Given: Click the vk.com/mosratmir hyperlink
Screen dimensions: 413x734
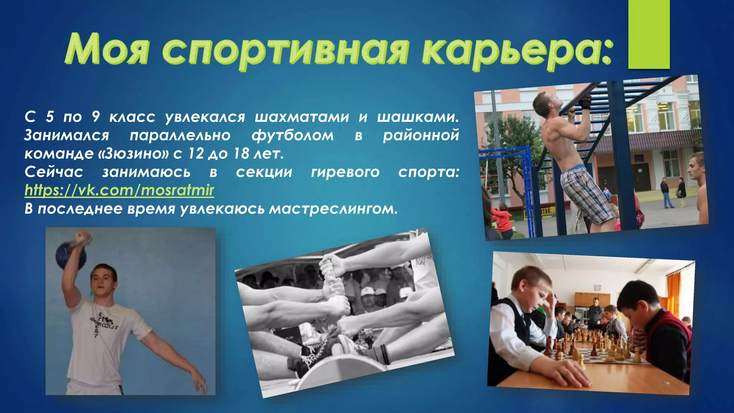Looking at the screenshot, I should point(119,190).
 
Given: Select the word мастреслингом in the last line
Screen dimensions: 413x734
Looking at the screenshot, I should point(333,209).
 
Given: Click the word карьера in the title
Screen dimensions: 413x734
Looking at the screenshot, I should point(516,50).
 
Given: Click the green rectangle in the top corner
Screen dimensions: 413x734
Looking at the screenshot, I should point(649,34).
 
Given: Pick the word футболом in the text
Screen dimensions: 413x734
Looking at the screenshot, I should point(292,136).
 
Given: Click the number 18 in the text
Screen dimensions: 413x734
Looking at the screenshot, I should point(241,154).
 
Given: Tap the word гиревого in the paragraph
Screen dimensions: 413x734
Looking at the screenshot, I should point(345,172).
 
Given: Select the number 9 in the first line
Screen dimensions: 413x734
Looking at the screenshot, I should point(96,117).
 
